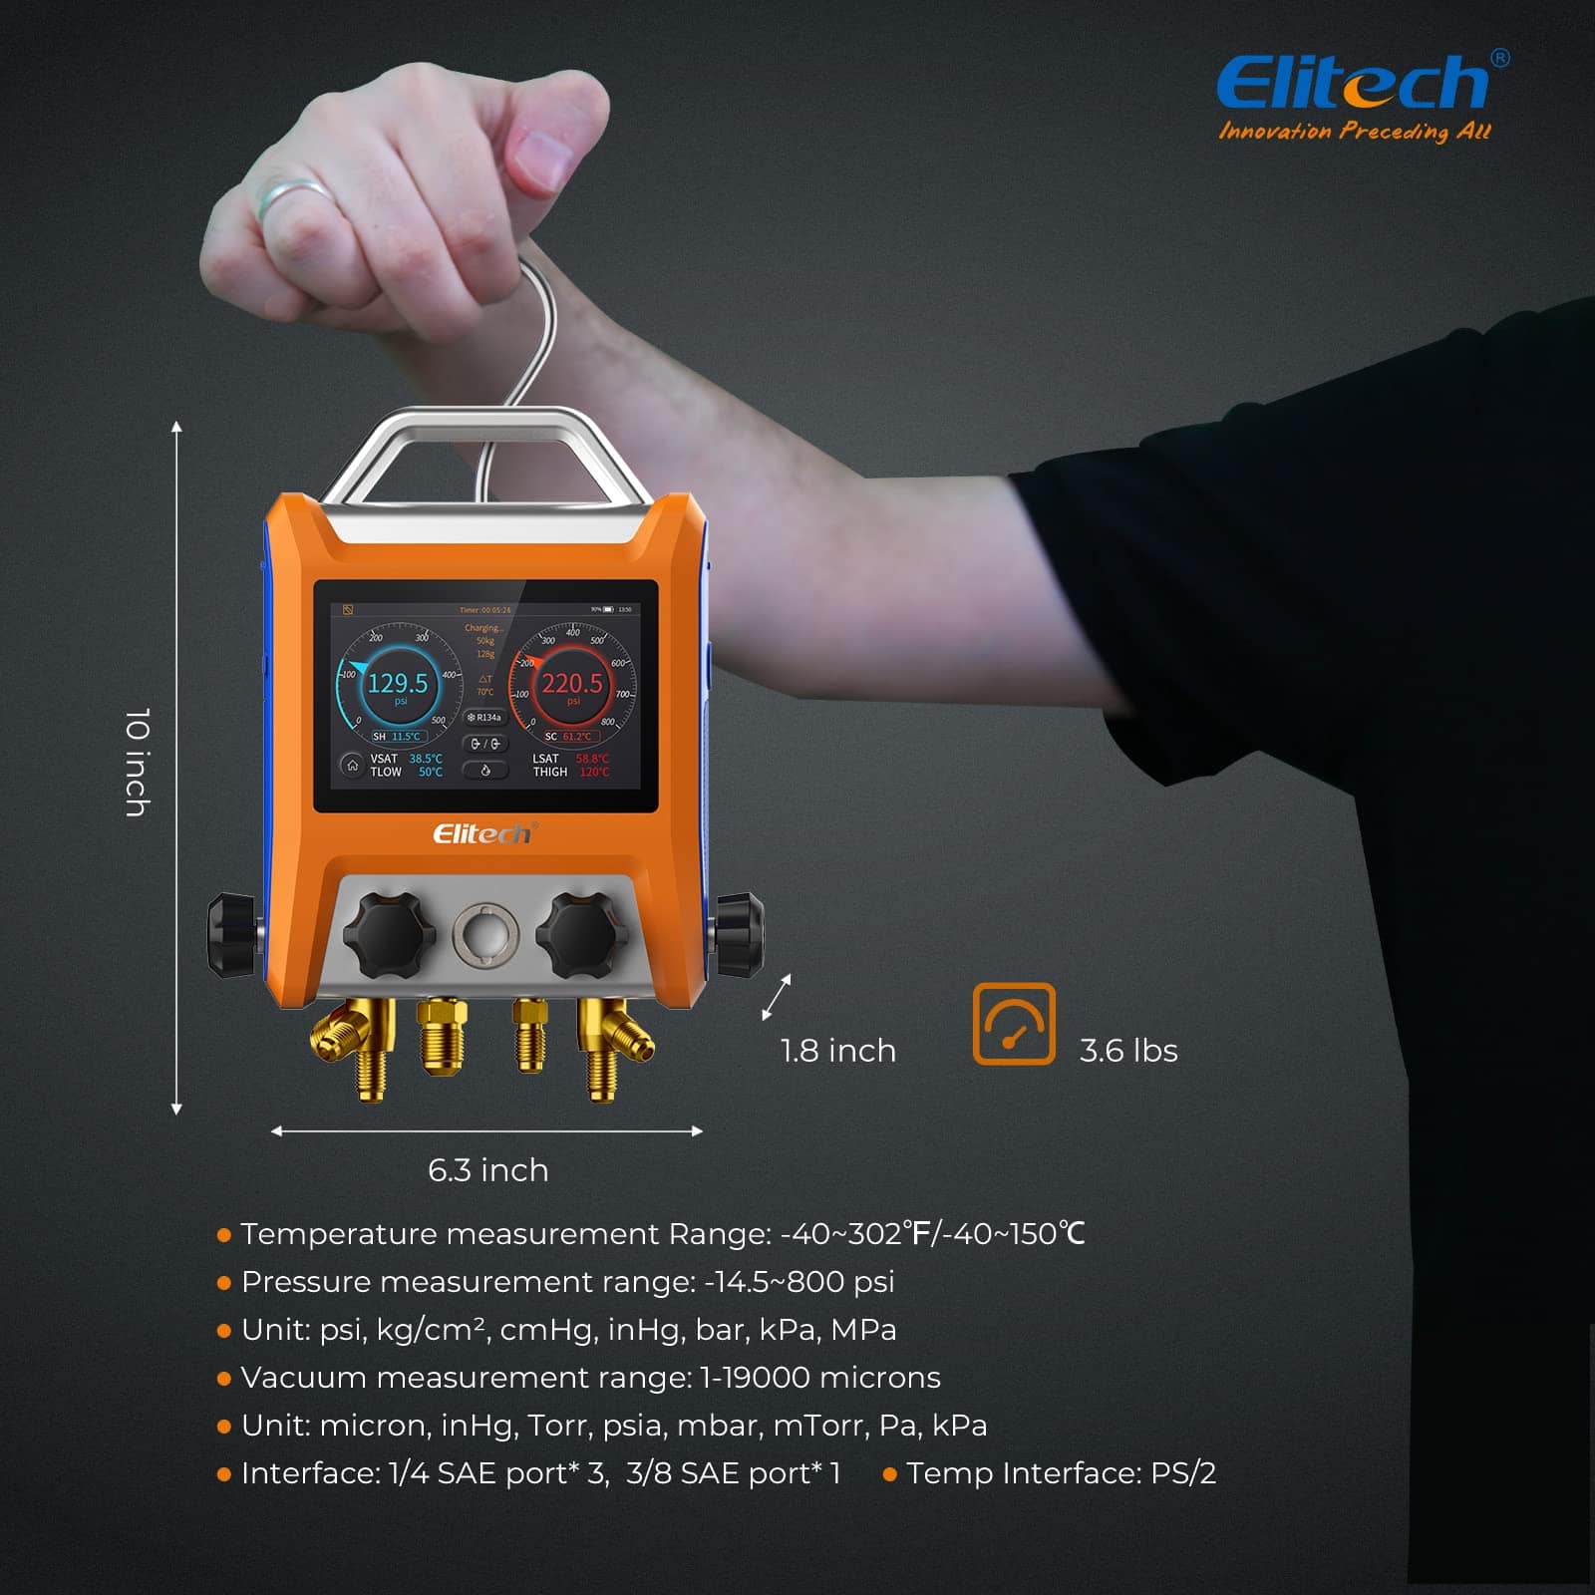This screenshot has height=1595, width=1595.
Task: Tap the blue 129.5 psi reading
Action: coord(398,684)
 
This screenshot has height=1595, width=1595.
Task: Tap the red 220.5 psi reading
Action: coord(572,684)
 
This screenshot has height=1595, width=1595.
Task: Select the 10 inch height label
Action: coord(138,763)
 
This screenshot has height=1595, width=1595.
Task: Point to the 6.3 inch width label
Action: coord(487,1169)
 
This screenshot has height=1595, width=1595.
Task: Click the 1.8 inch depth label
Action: coord(837,1051)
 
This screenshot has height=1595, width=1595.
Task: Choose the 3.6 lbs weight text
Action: coord(1128,1051)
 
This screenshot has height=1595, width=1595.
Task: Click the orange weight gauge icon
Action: coord(1014,1024)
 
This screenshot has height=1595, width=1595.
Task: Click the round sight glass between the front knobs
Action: coord(485,934)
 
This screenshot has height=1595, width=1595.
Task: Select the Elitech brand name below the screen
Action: coord(484,833)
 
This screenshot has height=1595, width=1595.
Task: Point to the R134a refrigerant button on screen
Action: coord(485,718)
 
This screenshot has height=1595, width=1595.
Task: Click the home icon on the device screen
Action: coord(352,765)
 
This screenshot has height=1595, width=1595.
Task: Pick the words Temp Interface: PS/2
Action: coord(1061,1473)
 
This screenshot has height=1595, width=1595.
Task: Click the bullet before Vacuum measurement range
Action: coord(224,1379)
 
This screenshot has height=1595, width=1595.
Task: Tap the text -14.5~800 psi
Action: coord(799,1282)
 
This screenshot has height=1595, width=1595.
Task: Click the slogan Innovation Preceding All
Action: coord(1354,132)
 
